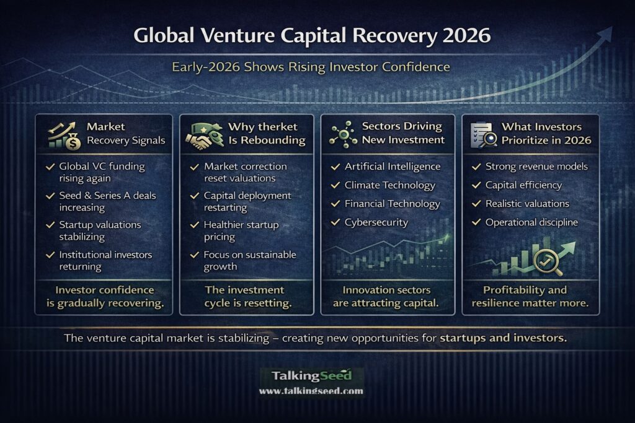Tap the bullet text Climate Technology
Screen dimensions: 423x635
[x=390, y=185]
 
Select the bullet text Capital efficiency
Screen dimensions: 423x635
[x=523, y=185]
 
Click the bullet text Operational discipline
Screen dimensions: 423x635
[x=531, y=222]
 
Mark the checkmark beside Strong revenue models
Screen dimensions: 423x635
[x=476, y=167]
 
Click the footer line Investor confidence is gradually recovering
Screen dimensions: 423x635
[x=104, y=296]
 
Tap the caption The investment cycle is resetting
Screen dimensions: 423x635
[x=244, y=296]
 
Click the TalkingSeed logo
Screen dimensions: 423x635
[x=311, y=376]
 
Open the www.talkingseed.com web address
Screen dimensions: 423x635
[x=311, y=391]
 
